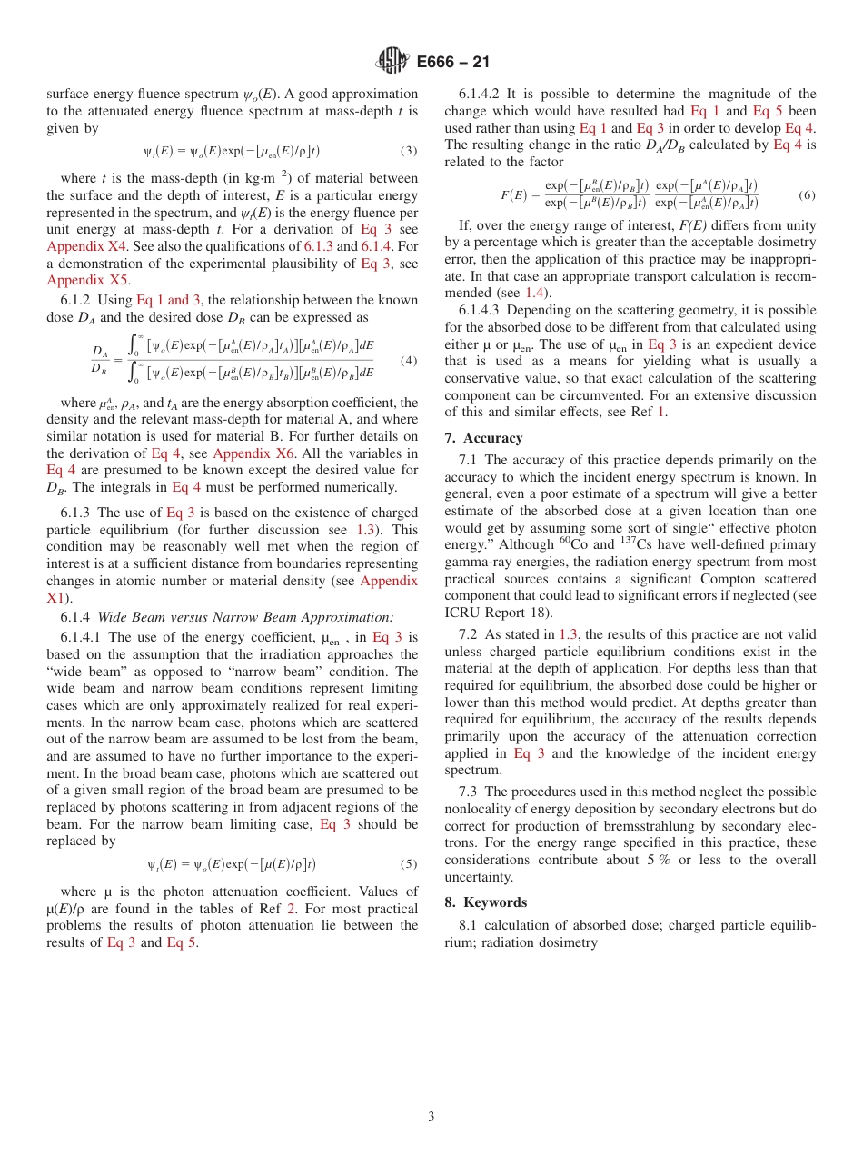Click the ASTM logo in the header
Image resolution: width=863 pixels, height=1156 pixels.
click(392, 62)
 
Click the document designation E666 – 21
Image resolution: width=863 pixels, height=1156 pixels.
click(452, 63)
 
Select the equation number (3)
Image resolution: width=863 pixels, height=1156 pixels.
click(409, 151)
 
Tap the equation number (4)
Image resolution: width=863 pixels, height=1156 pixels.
click(409, 361)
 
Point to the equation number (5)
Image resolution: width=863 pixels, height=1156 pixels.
click(409, 863)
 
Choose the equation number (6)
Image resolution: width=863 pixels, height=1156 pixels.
click(807, 195)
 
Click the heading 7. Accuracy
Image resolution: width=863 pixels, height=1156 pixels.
click(483, 438)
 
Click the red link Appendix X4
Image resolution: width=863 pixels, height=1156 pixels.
click(86, 246)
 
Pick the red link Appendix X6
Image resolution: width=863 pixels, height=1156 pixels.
click(253, 453)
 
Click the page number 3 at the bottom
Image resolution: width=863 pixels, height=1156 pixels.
click(431, 1116)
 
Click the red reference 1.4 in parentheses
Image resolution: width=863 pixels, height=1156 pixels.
click(535, 293)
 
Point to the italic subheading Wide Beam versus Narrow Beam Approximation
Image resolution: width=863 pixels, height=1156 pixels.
click(245, 616)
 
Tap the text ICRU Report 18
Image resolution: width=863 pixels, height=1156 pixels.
click(489, 613)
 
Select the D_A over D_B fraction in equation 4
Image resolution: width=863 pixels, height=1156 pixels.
click(100, 361)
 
